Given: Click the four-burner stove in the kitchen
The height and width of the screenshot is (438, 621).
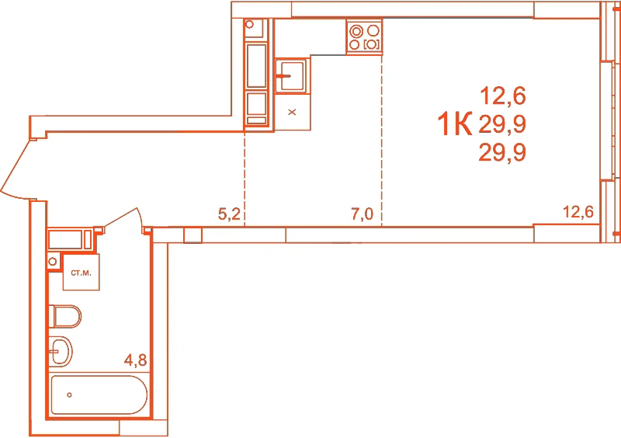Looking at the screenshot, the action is (364, 36).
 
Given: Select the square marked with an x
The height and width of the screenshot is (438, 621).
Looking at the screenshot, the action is (293, 112).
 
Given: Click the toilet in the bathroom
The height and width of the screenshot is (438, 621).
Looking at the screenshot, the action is (64, 316).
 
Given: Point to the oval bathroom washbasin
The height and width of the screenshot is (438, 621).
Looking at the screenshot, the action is (61, 351).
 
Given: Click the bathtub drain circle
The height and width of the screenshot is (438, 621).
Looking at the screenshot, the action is (69, 395).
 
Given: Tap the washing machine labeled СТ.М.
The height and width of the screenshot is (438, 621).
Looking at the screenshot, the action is (82, 273).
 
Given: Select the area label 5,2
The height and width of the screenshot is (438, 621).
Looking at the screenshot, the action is (229, 214).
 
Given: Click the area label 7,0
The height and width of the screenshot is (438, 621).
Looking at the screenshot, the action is (363, 214).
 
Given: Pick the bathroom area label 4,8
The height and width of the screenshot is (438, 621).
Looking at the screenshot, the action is (135, 360).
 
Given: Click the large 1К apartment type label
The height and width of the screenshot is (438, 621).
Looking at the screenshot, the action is (455, 124).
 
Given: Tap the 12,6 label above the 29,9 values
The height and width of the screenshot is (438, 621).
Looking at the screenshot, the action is (503, 96).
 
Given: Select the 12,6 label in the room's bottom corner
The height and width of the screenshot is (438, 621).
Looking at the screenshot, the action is (578, 212).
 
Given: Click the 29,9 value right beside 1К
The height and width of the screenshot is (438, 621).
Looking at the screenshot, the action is (502, 124).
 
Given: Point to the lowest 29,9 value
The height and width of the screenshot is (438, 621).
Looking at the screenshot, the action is (502, 152).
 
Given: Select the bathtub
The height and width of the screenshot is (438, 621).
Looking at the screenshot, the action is (99, 395).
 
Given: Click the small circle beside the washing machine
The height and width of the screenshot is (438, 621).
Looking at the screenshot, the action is (52, 262).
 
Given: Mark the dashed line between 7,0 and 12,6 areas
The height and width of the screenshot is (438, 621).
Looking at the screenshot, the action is (382, 141).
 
